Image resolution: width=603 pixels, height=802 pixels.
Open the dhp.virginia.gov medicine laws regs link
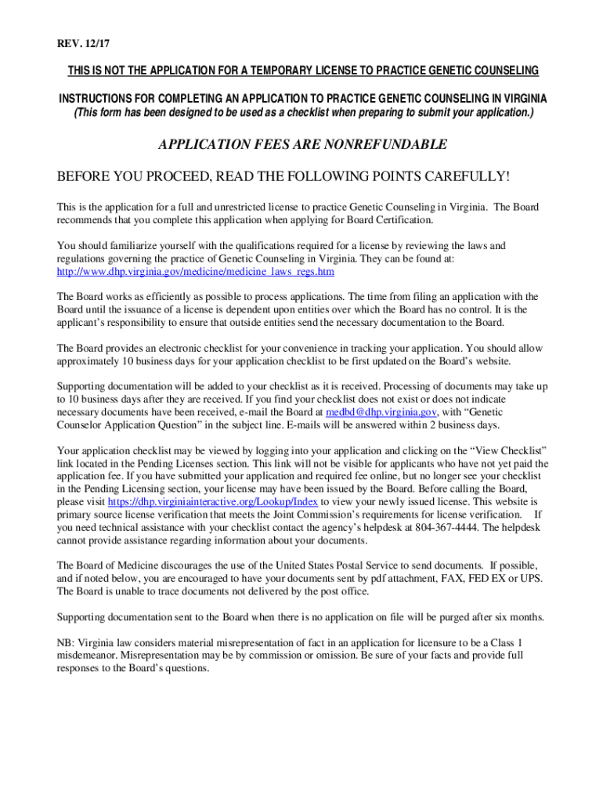click(196, 272)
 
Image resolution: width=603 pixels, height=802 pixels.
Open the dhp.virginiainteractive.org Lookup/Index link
click(212, 501)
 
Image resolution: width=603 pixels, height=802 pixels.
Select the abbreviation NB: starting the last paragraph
click(66, 642)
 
